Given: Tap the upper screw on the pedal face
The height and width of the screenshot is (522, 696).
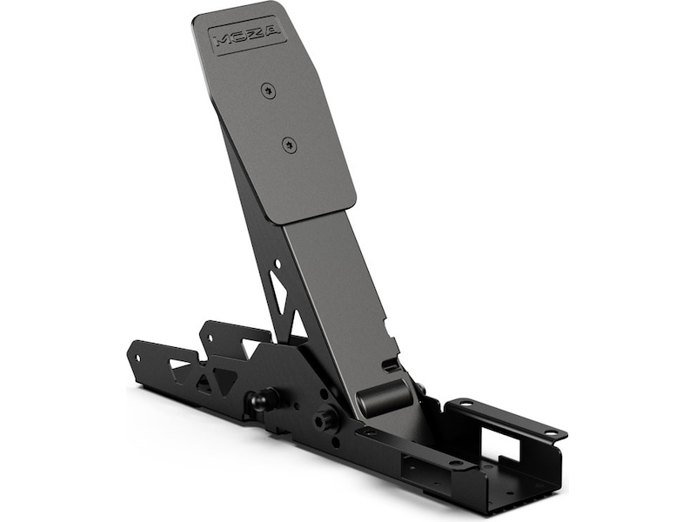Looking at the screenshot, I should click(269, 89).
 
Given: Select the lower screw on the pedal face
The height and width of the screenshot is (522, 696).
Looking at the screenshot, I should click(290, 145).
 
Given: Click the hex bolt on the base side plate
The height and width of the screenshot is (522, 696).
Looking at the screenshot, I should click(326, 418).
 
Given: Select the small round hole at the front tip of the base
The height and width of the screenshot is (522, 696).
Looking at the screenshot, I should click(136, 356).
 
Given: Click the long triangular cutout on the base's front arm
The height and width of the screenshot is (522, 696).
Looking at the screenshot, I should click(183, 364).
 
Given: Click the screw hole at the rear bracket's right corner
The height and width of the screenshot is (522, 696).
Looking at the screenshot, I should click(549, 433).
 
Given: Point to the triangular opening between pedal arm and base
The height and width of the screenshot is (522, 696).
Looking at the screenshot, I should click(298, 325).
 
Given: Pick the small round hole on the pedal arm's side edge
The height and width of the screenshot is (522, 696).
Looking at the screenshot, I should click(277, 261).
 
